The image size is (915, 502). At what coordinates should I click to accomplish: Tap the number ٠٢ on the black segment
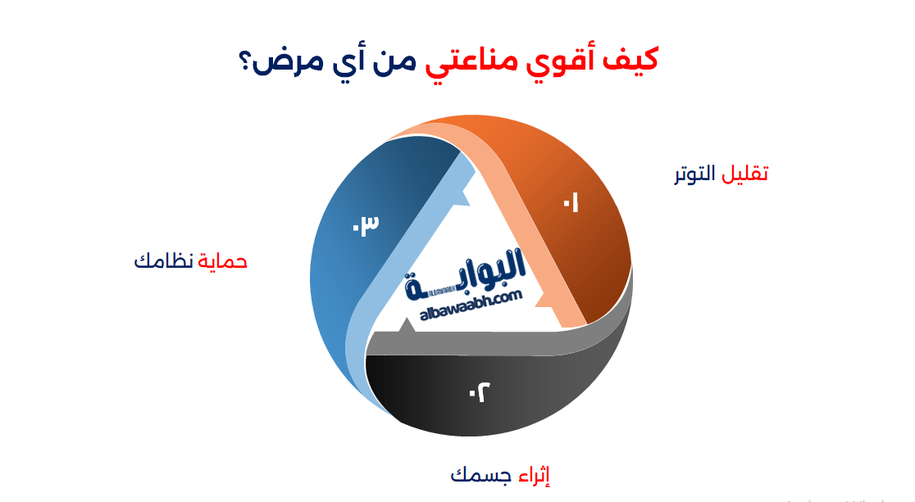479,393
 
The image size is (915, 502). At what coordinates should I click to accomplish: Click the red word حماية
223,261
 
